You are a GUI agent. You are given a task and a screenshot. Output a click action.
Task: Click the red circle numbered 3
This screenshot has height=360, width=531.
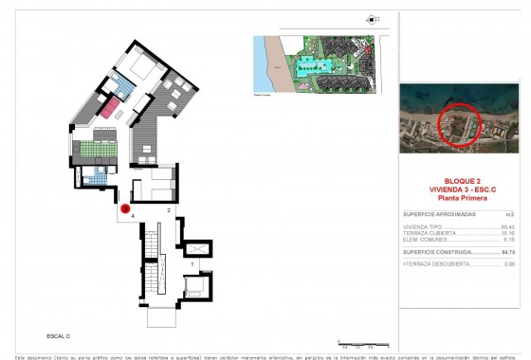point(126,207)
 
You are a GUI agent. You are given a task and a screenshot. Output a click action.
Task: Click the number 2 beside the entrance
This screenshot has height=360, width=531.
point(168,208)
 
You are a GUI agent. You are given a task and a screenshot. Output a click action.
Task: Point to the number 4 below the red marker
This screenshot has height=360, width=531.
point(134,216)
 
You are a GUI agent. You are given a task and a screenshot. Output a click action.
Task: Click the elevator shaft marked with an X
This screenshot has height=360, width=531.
point(195,248)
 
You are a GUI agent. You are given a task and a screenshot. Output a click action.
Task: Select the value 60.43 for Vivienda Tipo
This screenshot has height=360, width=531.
point(507,227)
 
